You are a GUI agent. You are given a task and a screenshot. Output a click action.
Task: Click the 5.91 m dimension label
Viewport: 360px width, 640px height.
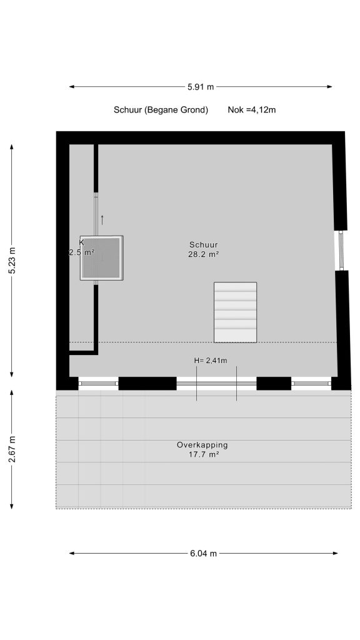click(x=201, y=86)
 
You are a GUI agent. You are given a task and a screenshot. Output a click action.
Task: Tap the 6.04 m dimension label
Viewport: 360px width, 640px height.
click(x=203, y=554)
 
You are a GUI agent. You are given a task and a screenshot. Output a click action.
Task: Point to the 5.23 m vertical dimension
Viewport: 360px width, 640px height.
click(x=12, y=261)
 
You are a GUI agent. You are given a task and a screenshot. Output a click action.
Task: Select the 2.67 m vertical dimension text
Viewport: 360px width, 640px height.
click(x=12, y=449)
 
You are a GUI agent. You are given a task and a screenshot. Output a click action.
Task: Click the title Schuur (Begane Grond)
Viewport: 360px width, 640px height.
click(x=161, y=110)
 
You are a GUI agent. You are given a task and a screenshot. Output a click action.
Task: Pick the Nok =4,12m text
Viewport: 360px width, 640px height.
click(x=252, y=110)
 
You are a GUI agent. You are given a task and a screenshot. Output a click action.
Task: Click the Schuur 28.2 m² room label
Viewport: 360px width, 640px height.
click(x=204, y=249)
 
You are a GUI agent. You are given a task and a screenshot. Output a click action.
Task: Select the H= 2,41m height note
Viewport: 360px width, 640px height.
click(x=211, y=361)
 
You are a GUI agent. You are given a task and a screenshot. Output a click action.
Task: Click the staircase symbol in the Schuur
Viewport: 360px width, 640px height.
click(x=236, y=312)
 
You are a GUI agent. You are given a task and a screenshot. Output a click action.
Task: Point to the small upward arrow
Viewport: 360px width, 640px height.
click(x=102, y=220)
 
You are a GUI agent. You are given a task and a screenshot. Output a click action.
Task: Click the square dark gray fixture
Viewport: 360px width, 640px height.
click(x=102, y=258)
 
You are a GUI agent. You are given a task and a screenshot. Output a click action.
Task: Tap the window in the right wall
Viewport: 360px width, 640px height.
click(x=341, y=251)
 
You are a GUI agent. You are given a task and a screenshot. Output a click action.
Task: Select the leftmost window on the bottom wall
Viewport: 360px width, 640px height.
click(x=98, y=383)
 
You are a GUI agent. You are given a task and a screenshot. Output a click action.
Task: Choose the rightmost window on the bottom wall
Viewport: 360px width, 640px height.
click(x=311, y=383)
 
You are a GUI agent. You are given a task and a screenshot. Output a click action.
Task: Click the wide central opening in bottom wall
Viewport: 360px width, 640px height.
click(x=216, y=383)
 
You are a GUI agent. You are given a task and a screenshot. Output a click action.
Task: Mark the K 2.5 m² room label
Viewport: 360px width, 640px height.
click(x=82, y=247)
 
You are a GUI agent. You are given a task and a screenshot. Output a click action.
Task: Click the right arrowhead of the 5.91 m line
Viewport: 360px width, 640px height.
click(x=329, y=86)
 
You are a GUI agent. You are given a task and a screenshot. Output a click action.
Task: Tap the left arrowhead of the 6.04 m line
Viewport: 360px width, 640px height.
click(x=72, y=554)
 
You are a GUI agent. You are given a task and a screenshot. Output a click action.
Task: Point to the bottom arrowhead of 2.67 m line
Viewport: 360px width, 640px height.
click(x=12, y=506)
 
